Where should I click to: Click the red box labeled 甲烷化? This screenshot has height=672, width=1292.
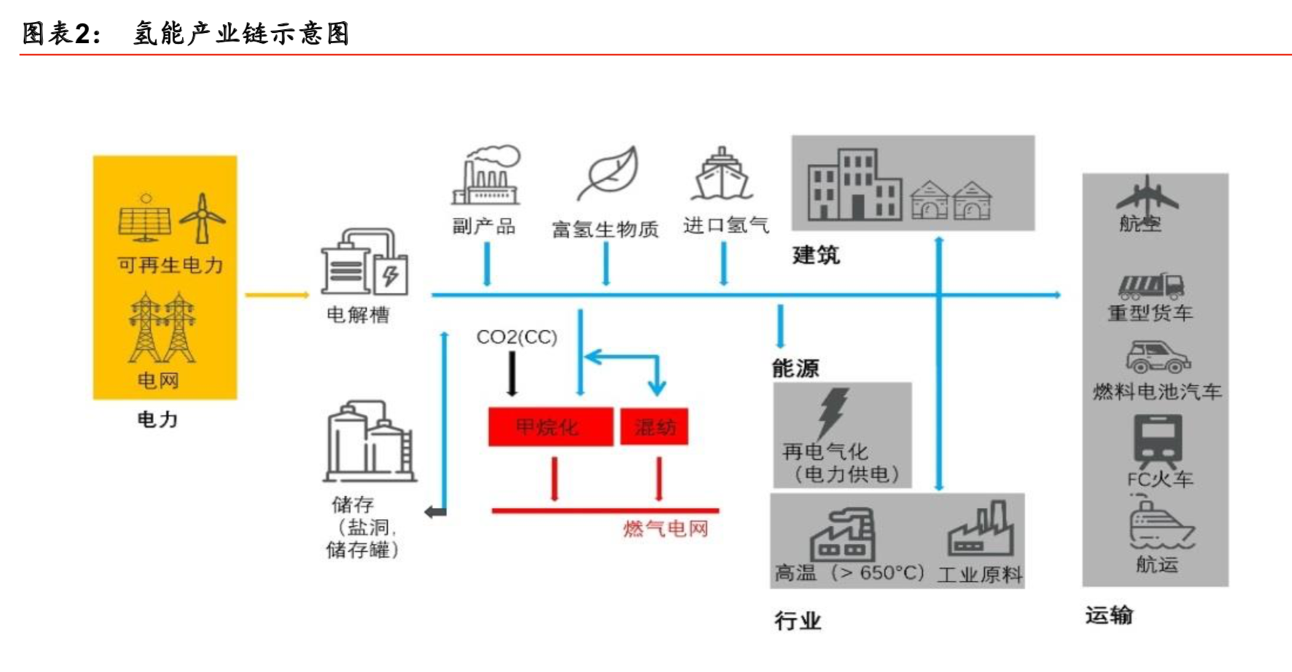point(550,427)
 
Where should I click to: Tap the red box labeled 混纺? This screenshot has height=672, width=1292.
point(654,427)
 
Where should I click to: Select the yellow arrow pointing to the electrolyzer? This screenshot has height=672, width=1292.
point(276,295)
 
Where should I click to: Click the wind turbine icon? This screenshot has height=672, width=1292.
point(203,217)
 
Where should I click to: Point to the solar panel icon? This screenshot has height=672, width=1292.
point(145,218)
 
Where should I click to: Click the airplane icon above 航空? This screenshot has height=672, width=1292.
point(1147,195)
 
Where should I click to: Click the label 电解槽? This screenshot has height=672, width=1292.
point(357,315)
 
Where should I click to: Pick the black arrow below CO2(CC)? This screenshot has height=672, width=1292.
point(512,373)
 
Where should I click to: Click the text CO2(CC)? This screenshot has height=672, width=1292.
point(516,337)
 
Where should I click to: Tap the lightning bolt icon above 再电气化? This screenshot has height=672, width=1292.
point(832,412)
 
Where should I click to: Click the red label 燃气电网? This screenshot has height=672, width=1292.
point(665,528)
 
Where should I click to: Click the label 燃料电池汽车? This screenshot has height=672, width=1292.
point(1156,392)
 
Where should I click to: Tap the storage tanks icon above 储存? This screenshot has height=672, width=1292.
point(369,442)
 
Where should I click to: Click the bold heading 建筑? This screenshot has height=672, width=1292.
point(816,255)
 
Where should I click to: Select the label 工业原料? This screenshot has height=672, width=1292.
point(979,575)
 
